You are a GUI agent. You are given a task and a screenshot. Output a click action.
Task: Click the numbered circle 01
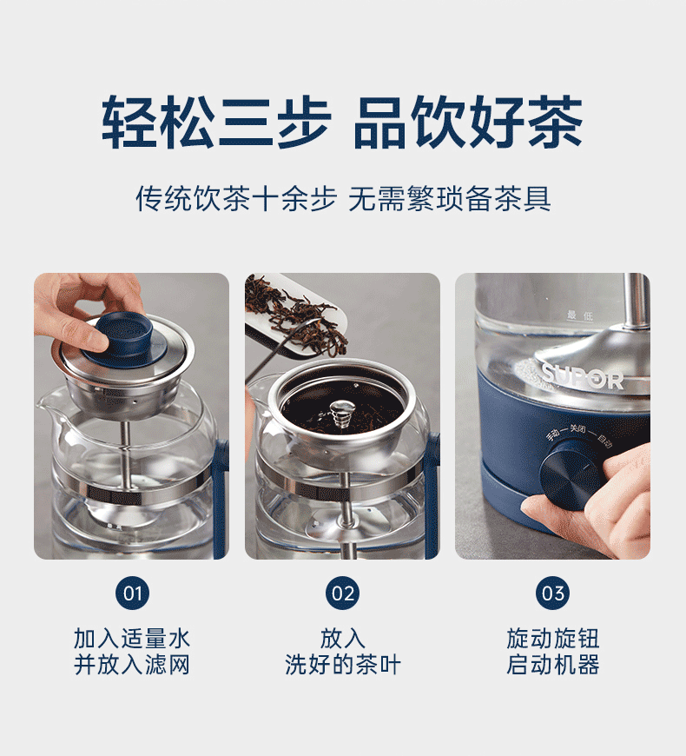click(x=133, y=593)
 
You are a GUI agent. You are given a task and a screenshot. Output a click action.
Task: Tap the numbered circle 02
click(x=342, y=593)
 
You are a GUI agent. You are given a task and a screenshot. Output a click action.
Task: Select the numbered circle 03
click(x=552, y=593)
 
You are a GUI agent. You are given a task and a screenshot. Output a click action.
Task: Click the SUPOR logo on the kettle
click(x=583, y=377)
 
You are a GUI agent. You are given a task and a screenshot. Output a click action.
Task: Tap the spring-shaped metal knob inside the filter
click(x=342, y=414)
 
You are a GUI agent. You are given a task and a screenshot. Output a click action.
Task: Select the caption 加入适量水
click(x=132, y=639)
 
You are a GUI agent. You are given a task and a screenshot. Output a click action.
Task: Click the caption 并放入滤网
click(x=132, y=665)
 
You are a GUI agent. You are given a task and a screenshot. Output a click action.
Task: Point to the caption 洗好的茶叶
click(x=342, y=665)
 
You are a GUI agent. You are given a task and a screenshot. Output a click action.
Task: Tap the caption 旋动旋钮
click(x=553, y=639)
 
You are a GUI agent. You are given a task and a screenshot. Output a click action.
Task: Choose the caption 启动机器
click(x=553, y=665)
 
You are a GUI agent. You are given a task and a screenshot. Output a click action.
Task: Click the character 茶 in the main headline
click(x=556, y=122)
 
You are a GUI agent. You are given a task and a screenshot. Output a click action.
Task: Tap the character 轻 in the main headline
click(x=129, y=122)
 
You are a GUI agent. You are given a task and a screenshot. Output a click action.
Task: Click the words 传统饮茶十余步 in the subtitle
click(x=236, y=198)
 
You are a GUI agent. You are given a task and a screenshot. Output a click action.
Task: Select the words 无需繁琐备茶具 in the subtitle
click(x=450, y=198)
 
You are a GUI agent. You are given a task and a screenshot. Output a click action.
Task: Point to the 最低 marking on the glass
click(x=580, y=315)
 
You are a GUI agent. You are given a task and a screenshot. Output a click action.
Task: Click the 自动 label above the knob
click(x=604, y=440)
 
